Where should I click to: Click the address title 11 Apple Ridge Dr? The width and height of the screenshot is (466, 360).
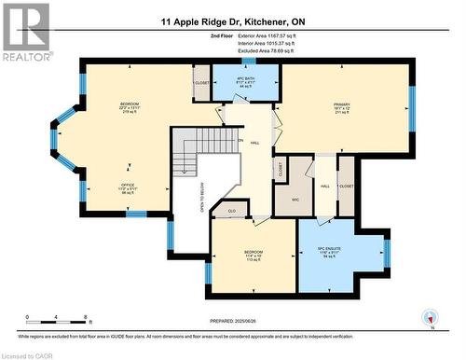tap(233, 21)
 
